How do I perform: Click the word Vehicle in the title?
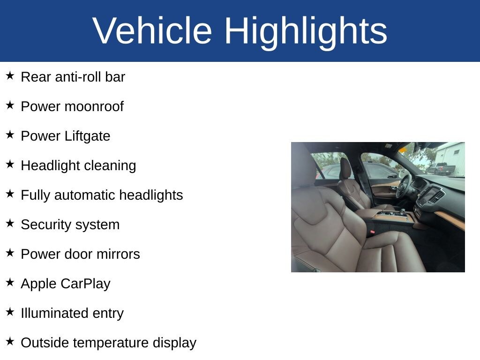tap(152, 30)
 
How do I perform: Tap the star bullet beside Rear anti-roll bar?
tap(10, 75)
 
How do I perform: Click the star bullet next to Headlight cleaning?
tap(10, 164)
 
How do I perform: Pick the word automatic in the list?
tap(85, 195)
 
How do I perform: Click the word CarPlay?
tap(85, 284)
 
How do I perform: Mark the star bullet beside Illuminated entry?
tap(10, 312)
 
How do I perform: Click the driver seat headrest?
tap(345, 169)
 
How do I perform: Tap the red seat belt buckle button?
tap(372, 232)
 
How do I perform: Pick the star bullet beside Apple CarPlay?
tap(10, 282)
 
